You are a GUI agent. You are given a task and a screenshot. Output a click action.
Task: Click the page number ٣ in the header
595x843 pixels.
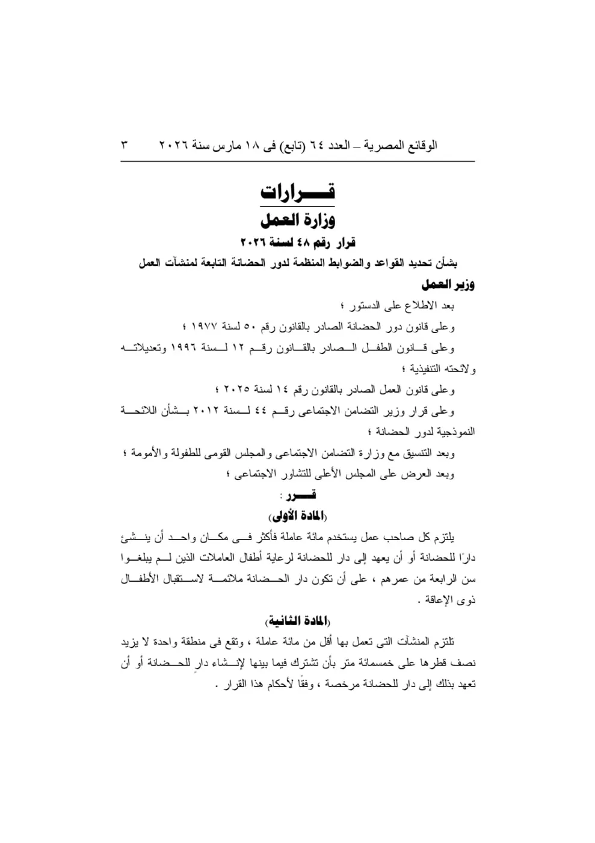[x=125, y=145]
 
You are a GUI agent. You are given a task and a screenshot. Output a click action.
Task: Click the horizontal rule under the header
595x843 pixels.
[x=297, y=161]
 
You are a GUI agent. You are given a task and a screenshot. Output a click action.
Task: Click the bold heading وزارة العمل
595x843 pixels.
[x=297, y=219]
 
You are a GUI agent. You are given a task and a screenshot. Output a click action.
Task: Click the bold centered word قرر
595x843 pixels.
[x=301, y=495]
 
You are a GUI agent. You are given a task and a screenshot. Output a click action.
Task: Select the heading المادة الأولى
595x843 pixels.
[x=297, y=516]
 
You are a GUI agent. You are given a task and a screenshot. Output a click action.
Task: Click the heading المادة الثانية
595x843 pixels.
[x=297, y=621]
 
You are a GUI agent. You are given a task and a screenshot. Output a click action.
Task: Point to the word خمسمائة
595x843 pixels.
[x=375, y=664]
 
